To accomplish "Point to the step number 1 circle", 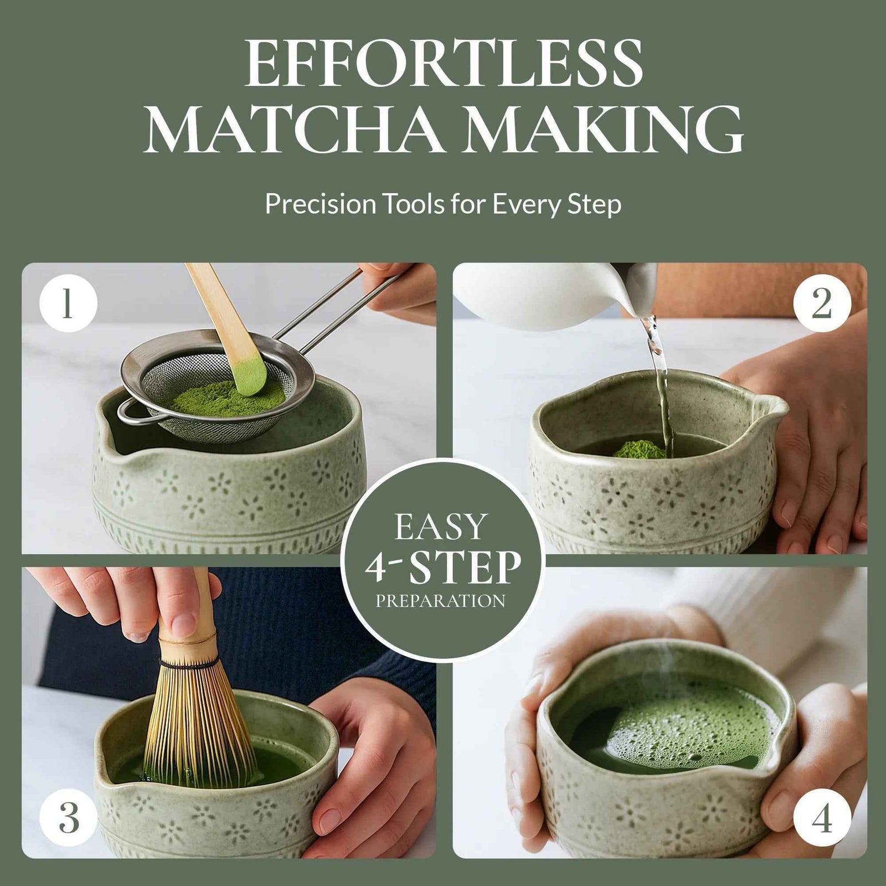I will (68, 303).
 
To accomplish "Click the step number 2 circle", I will (821, 303).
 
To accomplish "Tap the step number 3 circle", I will (68, 817).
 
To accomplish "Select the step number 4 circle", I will (821, 817).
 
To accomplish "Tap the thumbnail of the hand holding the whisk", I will (183, 625).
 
